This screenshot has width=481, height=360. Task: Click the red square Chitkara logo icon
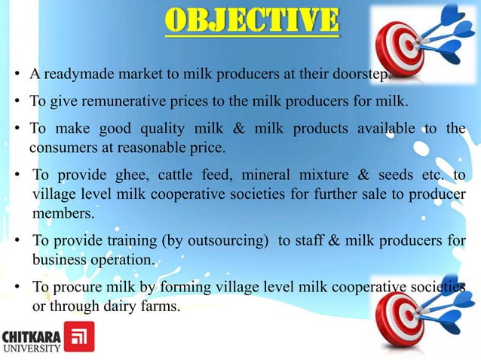pyautogui.click(x=78, y=337)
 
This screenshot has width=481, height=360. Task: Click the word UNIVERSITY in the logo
pyautogui.click(x=31, y=346)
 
